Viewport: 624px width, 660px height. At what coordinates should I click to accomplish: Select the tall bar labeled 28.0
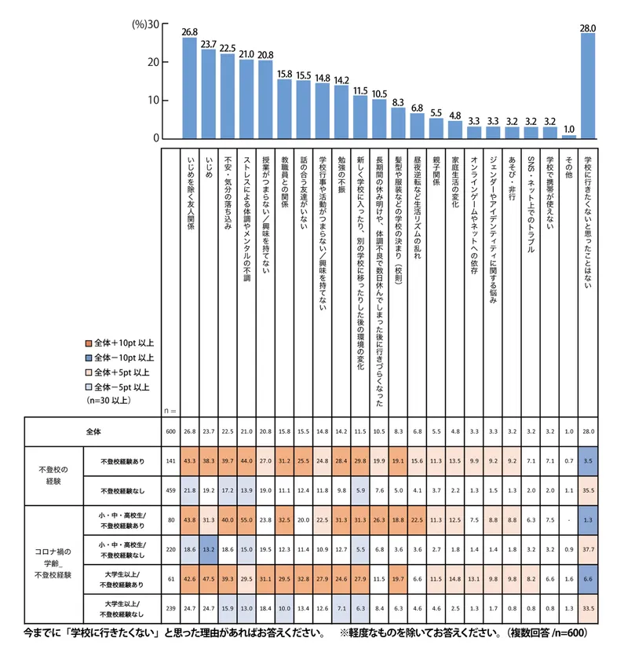pos(588,86)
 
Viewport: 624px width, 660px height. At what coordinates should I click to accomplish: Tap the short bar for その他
pos(569,137)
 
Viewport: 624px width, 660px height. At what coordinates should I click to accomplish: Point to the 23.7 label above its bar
pos(208,43)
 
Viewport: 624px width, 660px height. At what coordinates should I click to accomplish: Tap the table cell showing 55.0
pos(246,519)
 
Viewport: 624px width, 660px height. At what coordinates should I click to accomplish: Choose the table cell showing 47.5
pos(209,579)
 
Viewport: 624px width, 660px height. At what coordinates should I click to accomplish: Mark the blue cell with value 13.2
pos(209,549)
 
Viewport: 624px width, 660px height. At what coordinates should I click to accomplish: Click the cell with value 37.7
pos(588,549)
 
